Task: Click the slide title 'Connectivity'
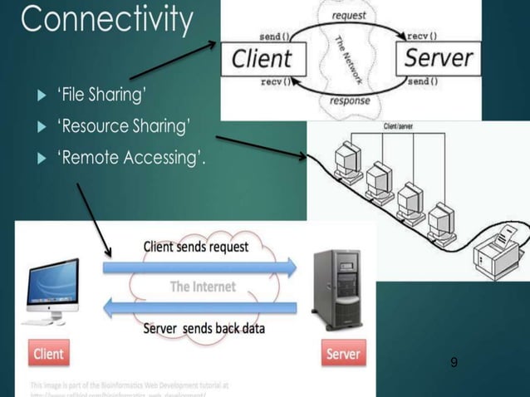107,21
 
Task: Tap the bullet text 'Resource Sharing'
124,127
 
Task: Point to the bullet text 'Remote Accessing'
130,159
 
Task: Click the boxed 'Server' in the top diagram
438,57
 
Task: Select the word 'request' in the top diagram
349,16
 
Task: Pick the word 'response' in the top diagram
350,100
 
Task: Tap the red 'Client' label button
48,354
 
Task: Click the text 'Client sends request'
196,247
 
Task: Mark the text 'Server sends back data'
204,328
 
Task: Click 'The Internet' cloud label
203,287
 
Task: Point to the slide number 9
454,362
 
